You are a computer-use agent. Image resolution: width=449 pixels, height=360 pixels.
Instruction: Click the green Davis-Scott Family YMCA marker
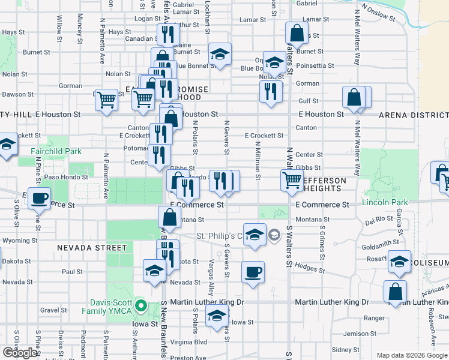coord(141,306)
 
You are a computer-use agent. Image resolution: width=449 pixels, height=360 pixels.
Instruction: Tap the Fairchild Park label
coord(56,152)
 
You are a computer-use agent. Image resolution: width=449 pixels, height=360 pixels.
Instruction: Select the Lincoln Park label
coord(385,203)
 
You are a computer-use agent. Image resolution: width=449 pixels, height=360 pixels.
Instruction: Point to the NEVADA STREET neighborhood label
coord(92,248)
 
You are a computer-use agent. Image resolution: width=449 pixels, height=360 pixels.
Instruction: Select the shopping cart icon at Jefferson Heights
coord(292,179)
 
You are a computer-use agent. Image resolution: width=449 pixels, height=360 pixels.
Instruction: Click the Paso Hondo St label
coord(66,177)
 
